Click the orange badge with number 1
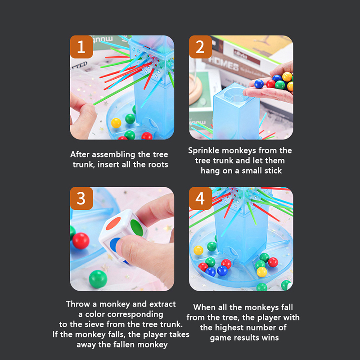click(x=81, y=47)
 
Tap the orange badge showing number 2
click(x=200, y=47)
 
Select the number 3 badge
click(x=81, y=198)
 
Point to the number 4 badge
click(x=200, y=198)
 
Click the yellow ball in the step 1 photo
click(x=116, y=123)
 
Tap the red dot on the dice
click(x=113, y=223)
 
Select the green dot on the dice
click(x=137, y=228)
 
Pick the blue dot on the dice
click(x=115, y=245)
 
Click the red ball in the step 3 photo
click(x=81, y=241)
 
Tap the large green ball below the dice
click(x=98, y=279)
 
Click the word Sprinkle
click(x=204, y=151)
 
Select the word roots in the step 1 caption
click(x=158, y=165)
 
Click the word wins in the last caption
click(x=271, y=338)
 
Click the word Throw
click(x=78, y=304)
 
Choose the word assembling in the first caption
click(x=113, y=155)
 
